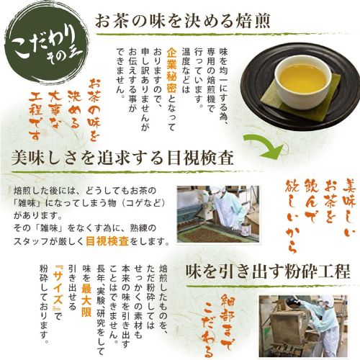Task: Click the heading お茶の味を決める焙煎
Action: point(183,21)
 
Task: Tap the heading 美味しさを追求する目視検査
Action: point(122,158)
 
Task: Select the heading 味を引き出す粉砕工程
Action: point(268,271)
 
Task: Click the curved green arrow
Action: point(264,146)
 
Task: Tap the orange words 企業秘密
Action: point(172,70)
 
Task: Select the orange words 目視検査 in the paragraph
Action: point(107,241)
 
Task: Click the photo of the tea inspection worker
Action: point(218,214)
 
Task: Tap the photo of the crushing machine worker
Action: point(303,325)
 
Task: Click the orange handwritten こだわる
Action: point(208,332)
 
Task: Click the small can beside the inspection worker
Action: point(245,230)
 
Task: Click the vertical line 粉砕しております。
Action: point(45,305)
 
